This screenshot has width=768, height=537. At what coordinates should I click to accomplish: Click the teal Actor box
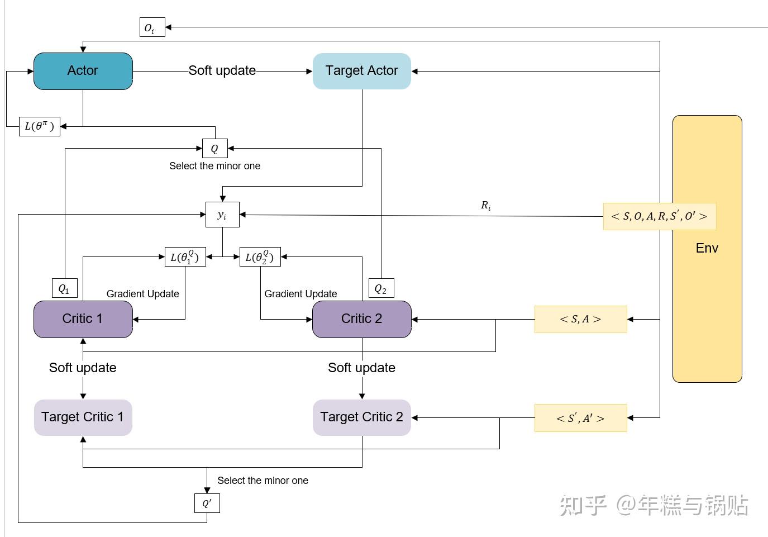click(83, 71)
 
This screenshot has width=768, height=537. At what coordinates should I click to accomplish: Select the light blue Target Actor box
click(361, 71)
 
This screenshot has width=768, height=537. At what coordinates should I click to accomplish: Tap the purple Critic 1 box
click(83, 319)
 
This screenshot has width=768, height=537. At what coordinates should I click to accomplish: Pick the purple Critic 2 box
click(361, 319)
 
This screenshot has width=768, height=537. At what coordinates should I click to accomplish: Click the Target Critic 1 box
click(83, 417)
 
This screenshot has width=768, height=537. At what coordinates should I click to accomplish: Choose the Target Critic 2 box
click(361, 417)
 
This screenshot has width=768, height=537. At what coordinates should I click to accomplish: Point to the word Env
click(707, 248)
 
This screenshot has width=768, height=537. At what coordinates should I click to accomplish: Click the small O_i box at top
click(152, 27)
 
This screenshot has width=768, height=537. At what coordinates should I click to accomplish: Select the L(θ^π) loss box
click(39, 126)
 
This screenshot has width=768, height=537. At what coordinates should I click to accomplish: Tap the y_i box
click(222, 215)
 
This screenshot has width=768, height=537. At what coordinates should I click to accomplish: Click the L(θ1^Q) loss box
click(185, 257)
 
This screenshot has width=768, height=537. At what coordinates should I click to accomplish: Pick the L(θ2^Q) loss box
click(260, 257)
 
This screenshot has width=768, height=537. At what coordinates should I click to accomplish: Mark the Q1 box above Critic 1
click(64, 288)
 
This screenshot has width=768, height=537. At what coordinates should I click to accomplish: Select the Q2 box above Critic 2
click(381, 288)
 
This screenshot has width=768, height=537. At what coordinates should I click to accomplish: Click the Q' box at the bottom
click(207, 503)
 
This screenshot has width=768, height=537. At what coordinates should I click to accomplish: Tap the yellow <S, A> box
click(580, 319)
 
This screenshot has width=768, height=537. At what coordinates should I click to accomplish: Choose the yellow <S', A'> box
click(580, 418)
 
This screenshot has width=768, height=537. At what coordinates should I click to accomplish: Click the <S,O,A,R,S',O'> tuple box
click(659, 216)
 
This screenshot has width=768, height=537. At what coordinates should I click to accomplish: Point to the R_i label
click(486, 206)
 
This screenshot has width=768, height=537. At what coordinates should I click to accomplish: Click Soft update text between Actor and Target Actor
click(222, 70)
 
